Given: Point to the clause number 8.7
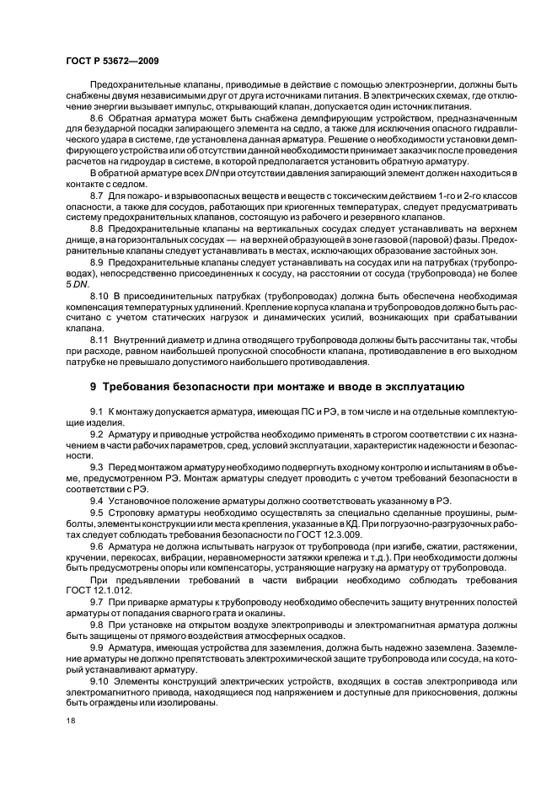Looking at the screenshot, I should tap(97, 196).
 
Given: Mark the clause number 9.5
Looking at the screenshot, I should tap(97, 513).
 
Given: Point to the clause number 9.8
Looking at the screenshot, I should tap(97, 626).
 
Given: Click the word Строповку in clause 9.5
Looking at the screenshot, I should tap(132, 513).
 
